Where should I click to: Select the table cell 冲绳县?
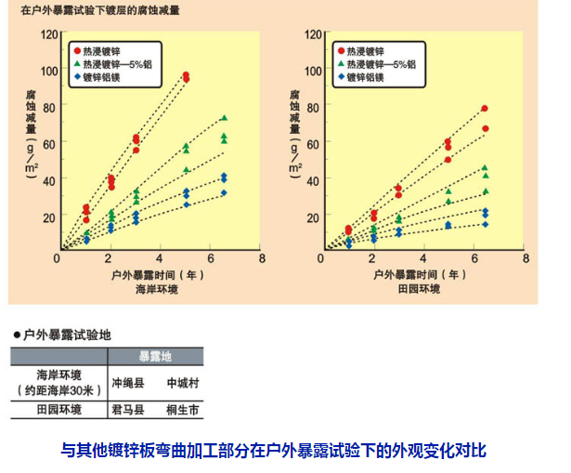(x=129, y=382)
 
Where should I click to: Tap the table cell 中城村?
(x=185, y=382)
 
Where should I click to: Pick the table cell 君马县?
(x=129, y=409)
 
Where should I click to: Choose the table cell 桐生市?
(x=185, y=409)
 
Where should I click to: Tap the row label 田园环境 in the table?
(x=58, y=409)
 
